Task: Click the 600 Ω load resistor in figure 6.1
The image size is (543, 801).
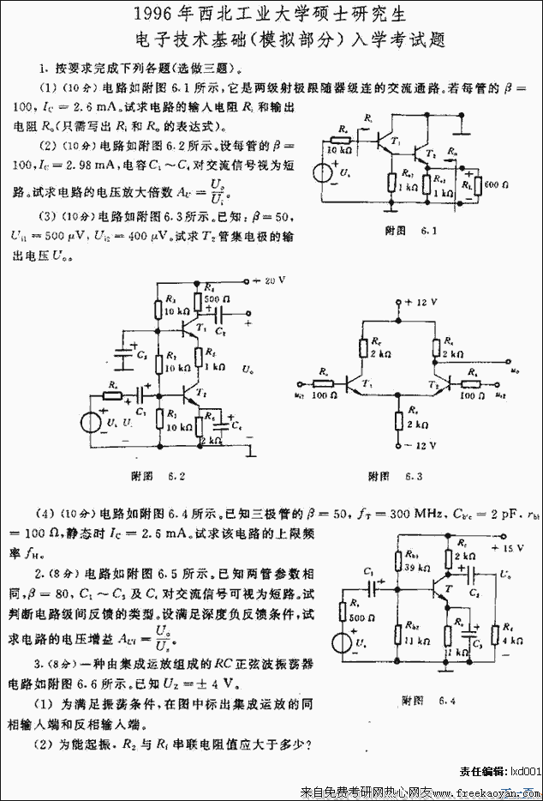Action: coord(468,184)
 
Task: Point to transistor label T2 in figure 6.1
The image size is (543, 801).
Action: coord(429,151)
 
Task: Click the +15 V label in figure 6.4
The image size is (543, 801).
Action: coord(515,546)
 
